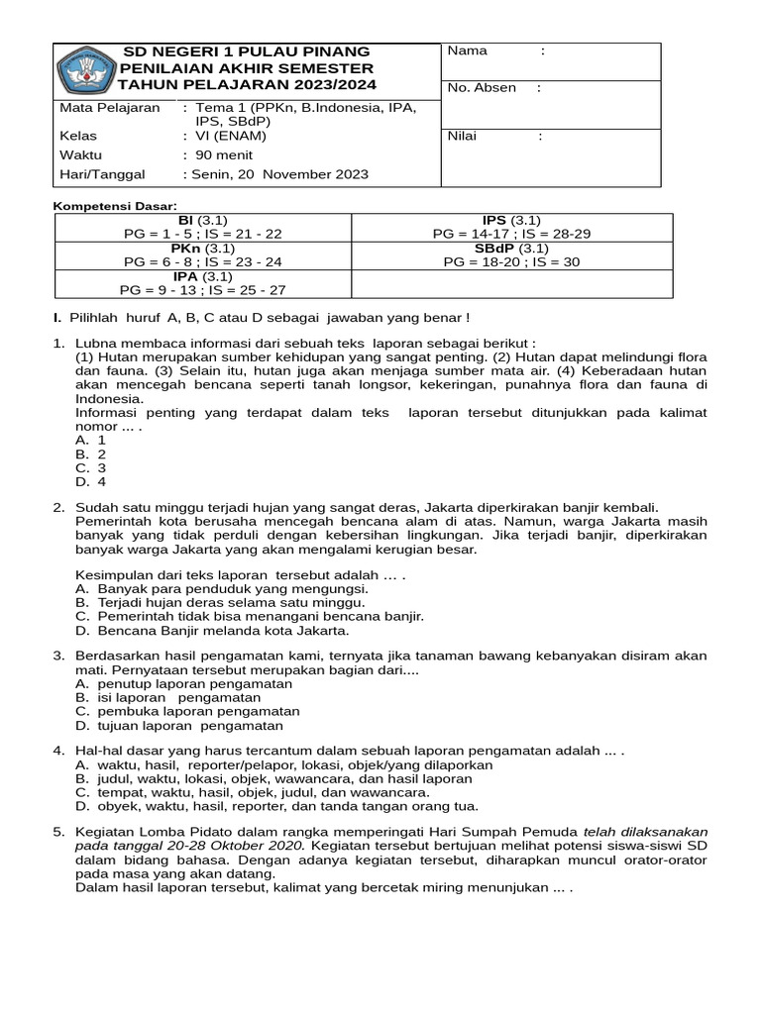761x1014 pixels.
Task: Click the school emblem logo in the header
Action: coord(85,69)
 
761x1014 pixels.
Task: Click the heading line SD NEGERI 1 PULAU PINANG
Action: coord(246,51)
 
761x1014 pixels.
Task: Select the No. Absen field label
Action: coord(482,87)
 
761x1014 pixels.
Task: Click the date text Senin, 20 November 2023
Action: coord(275,174)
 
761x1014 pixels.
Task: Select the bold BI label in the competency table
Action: coord(185,219)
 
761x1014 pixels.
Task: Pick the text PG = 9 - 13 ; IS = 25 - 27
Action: coord(203,290)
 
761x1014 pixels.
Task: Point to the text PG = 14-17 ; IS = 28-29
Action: coord(511,234)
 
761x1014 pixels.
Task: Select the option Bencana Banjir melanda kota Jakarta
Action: coord(224,630)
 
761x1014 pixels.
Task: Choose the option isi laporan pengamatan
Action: coord(179,697)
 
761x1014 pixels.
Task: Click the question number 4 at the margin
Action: coord(58,751)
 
